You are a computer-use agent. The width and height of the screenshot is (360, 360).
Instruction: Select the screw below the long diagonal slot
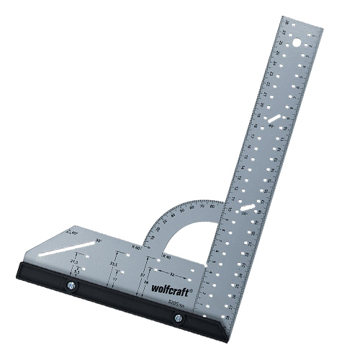[x=72, y=284]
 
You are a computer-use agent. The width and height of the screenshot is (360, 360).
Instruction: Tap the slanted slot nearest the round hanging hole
[x=276, y=120]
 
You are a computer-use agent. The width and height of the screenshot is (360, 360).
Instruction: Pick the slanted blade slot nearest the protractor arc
[x=247, y=210]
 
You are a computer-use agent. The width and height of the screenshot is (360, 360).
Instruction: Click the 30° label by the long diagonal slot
[x=99, y=240]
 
